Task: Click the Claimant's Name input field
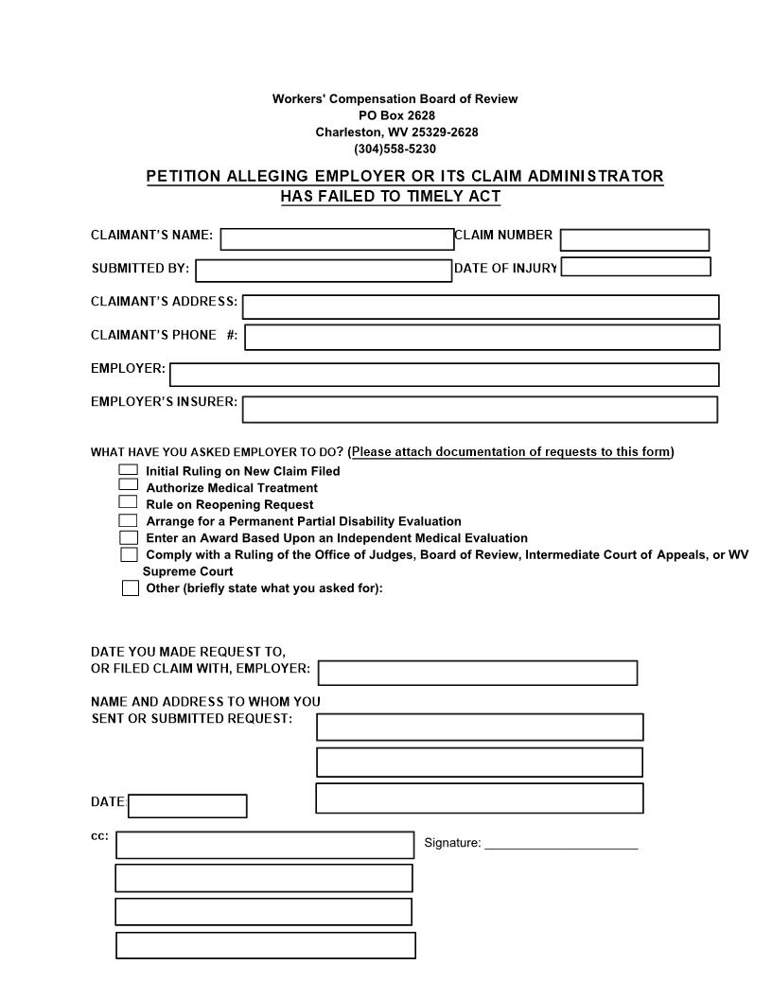tap(337, 238)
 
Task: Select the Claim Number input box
tap(634, 239)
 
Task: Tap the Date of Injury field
tap(635, 267)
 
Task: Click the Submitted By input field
tap(324, 271)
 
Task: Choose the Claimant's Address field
tap(481, 307)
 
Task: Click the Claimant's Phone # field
tap(482, 337)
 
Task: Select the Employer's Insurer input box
tap(480, 409)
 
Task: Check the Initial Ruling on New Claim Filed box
tap(128, 469)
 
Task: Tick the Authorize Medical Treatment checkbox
tap(128, 485)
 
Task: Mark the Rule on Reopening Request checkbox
tap(128, 502)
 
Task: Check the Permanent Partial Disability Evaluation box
tap(128, 520)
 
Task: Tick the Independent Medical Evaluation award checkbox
tap(128, 536)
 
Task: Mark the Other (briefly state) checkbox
tap(131, 588)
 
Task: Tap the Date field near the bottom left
tap(187, 805)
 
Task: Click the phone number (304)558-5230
tap(395, 149)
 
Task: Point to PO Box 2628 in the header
tap(395, 115)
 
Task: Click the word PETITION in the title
tap(184, 176)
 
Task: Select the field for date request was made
tap(478, 673)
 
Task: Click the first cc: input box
tap(265, 844)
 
